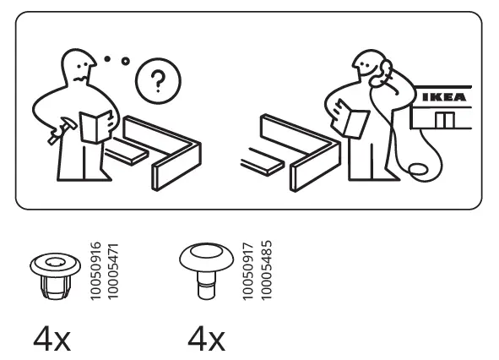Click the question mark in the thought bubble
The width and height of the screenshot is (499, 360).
point(154,82)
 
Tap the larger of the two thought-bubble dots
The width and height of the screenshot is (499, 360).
point(126,61)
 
